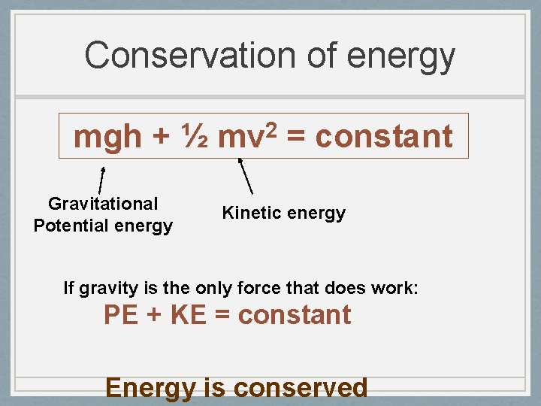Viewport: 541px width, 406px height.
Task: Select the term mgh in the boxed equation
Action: coord(107,137)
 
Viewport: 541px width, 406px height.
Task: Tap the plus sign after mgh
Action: coord(161,138)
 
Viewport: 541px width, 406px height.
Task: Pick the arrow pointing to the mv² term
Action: coord(245,176)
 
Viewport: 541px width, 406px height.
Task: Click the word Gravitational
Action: coord(103,204)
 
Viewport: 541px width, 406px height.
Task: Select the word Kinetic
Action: coord(250,213)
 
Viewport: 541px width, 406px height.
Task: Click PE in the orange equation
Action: coord(120,315)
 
